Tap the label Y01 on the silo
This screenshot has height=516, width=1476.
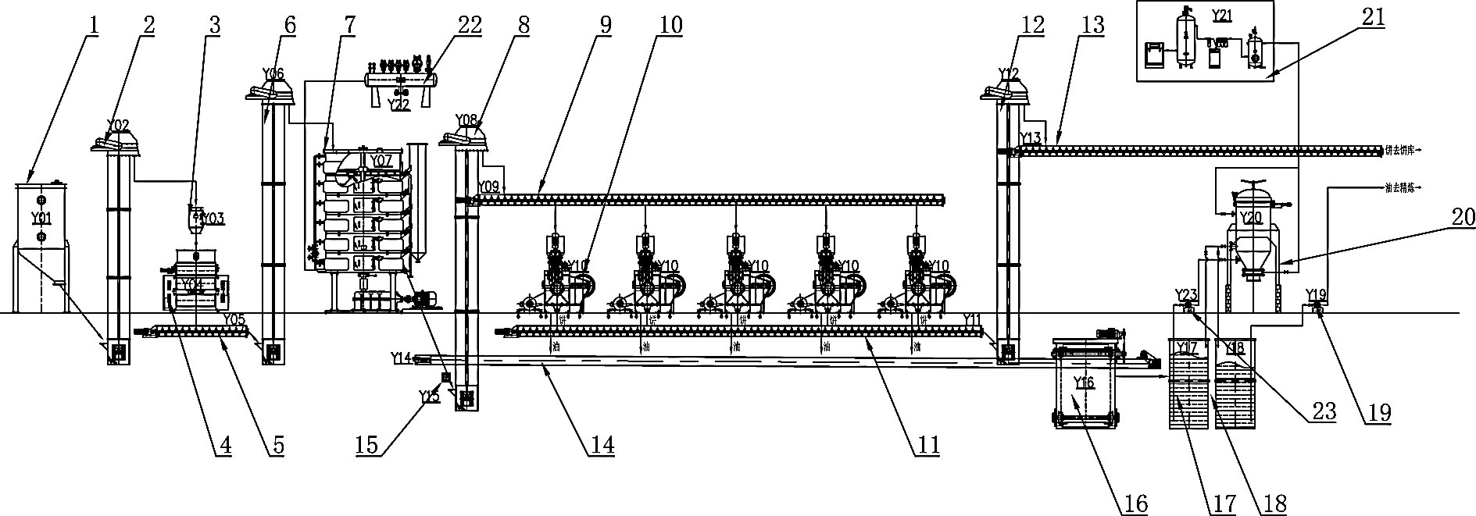39,217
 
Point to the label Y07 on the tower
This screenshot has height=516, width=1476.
381,161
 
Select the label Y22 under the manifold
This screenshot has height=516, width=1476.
399,104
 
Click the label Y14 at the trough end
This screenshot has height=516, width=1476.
401,358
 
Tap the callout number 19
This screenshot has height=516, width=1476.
1380,413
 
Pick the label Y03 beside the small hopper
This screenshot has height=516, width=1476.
213,218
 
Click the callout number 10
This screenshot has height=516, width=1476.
670,24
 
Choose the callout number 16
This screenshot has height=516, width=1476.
1135,504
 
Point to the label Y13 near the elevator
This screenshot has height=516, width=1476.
1031,138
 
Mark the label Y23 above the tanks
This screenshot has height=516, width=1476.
1186,294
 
